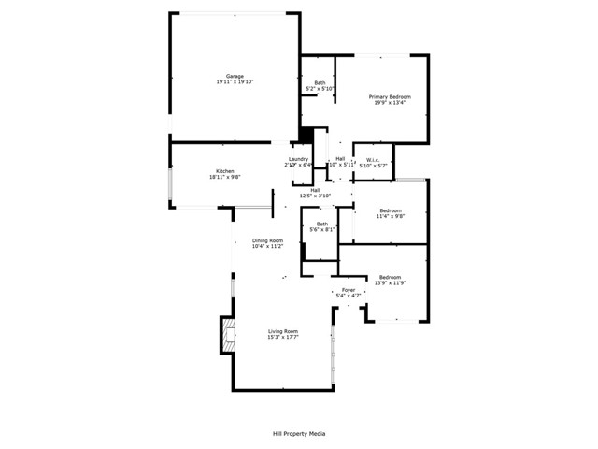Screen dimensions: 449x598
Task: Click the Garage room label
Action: pyautogui.click(x=234, y=76)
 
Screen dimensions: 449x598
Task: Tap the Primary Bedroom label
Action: pyautogui.click(x=390, y=96)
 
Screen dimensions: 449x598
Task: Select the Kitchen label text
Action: pyautogui.click(x=224, y=170)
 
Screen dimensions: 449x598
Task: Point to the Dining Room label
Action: pyautogui.click(x=267, y=241)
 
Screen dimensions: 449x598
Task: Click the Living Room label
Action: pyautogui.click(x=283, y=331)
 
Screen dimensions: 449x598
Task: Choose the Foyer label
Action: pyautogui.click(x=349, y=290)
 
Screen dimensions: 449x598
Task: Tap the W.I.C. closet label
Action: pyautogui.click(x=371, y=159)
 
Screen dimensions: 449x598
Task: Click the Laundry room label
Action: pyautogui.click(x=298, y=159)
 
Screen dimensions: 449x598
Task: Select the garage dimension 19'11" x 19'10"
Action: pyautogui.click(x=234, y=82)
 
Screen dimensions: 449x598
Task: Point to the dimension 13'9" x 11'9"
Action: pyautogui.click(x=390, y=282)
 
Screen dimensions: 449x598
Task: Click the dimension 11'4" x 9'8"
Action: pyautogui.click(x=390, y=217)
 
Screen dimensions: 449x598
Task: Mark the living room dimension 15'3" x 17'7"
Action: pyautogui.click(x=283, y=338)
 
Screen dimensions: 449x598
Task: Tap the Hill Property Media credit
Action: pyautogui.click(x=298, y=434)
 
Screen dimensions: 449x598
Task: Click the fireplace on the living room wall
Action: pyautogui.click(x=226, y=334)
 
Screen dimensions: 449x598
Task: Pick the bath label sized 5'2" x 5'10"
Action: pyautogui.click(x=320, y=89)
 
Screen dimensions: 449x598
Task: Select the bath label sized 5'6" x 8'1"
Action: pyautogui.click(x=322, y=229)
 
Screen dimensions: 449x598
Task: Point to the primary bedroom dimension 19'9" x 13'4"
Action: pyautogui.click(x=390, y=103)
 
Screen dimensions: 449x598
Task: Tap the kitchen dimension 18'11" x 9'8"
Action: pyautogui.click(x=224, y=177)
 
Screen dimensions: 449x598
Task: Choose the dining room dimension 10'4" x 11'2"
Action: pyautogui.click(x=267, y=248)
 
